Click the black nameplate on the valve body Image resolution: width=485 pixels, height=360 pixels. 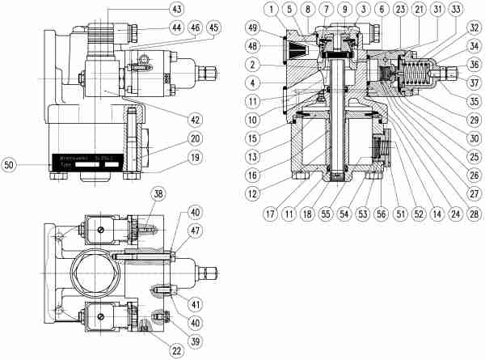pyautogui.click(x=89, y=159)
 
